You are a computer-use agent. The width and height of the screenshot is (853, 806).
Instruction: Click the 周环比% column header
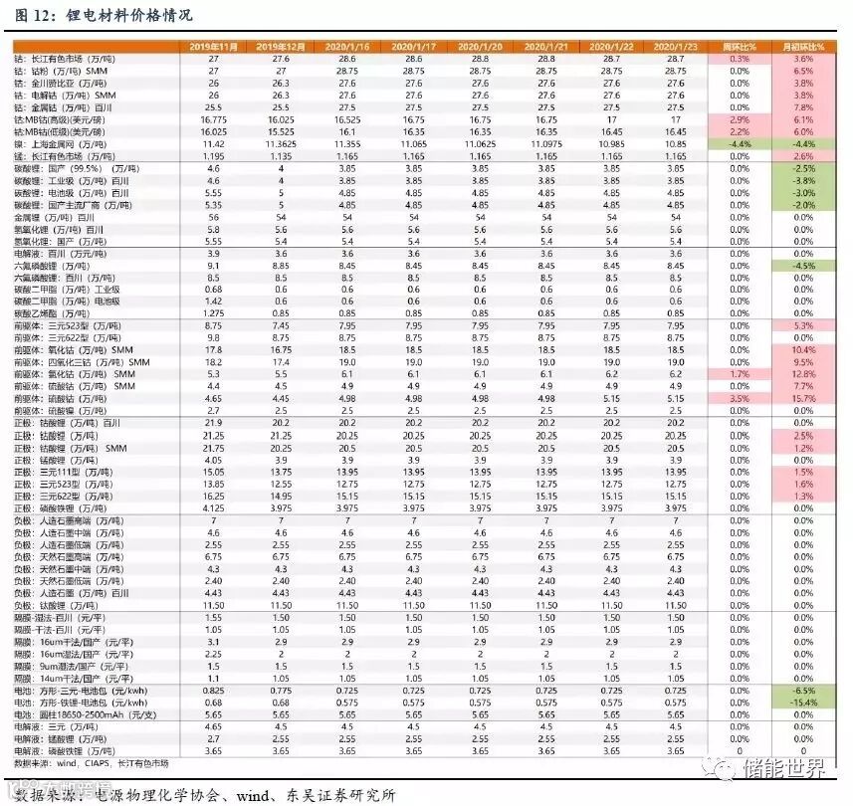click(740, 47)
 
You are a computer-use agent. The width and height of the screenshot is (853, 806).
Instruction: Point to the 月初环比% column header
click(804, 47)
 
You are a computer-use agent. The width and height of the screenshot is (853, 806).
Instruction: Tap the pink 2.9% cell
click(740, 118)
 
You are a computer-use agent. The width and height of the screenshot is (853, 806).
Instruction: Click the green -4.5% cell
click(804, 266)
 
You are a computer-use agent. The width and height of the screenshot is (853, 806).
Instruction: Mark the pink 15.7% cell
click(804, 398)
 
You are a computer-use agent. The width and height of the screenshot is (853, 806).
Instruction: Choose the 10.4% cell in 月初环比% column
click(804, 349)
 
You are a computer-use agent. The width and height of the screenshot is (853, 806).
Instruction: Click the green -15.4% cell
click(804, 703)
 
